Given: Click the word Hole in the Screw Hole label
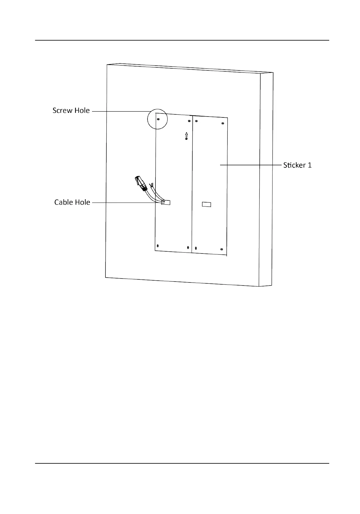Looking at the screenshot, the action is click(x=82, y=110).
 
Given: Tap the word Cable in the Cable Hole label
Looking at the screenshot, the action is click(x=64, y=202).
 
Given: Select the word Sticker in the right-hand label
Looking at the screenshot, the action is click(x=294, y=165).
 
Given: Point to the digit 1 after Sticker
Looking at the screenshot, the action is click(x=310, y=165).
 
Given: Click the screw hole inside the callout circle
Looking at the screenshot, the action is click(x=158, y=119).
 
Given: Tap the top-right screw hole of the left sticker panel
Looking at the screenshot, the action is click(x=189, y=121).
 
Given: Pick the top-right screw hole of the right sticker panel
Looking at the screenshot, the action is click(x=223, y=123).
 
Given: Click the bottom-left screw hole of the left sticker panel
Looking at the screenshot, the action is click(x=158, y=246).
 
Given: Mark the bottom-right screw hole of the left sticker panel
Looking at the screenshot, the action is click(x=188, y=247).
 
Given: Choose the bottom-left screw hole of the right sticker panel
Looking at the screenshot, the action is click(x=196, y=248).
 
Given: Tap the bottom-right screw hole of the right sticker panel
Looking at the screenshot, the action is click(x=222, y=250).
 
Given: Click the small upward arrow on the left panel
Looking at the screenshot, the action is click(x=186, y=135).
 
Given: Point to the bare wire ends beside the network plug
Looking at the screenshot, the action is click(x=151, y=185).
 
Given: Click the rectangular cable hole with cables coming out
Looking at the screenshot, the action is click(x=166, y=202).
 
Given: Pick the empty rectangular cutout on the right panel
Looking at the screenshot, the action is click(x=207, y=204).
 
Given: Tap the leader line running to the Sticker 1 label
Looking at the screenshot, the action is click(x=250, y=165).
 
